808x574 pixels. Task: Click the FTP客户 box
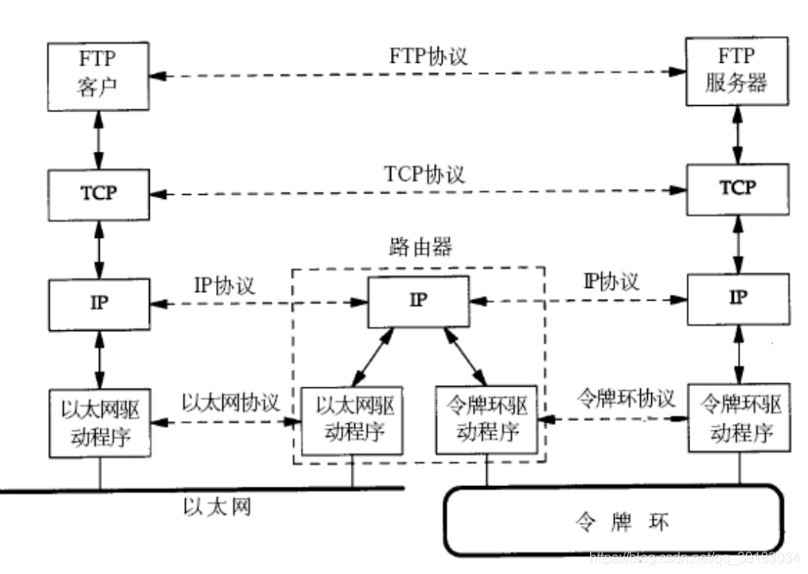pyautogui.click(x=98, y=77)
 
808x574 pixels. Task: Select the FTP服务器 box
pyautogui.click(x=737, y=72)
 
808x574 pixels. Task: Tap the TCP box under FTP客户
pyautogui.click(x=99, y=195)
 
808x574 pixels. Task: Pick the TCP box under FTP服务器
pyautogui.click(x=738, y=190)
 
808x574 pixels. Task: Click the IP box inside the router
pyautogui.click(x=419, y=302)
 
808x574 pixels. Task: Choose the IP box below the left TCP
pyautogui.click(x=99, y=304)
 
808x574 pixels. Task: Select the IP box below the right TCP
pyautogui.click(x=738, y=299)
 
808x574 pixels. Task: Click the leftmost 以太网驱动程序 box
pyautogui.click(x=100, y=423)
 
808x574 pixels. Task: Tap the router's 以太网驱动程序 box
pyautogui.click(x=352, y=421)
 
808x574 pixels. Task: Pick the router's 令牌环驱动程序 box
pyautogui.click(x=487, y=420)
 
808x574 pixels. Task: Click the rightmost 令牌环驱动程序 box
pyautogui.click(x=739, y=418)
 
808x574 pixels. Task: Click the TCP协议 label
pyautogui.click(x=424, y=174)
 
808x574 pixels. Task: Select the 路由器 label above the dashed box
pyautogui.click(x=420, y=247)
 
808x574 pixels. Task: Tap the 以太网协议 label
pyautogui.click(x=230, y=402)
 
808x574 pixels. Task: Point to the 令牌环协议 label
pyautogui.click(x=625, y=398)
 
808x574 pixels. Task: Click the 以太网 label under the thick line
pyautogui.click(x=217, y=507)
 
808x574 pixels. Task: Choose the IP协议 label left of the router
pyautogui.click(x=224, y=285)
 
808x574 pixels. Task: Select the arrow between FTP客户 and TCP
pyautogui.click(x=98, y=140)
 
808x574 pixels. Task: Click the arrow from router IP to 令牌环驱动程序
pyautogui.click(x=465, y=356)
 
